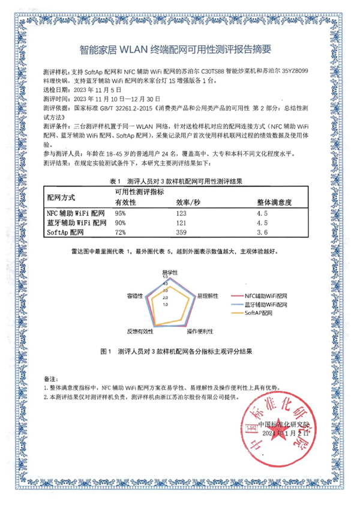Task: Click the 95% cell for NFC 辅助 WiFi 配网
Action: click(121, 213)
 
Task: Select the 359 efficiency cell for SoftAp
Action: click(182, 231)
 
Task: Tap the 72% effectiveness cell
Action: click(121, 231)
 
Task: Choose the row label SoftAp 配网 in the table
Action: click(66, 231)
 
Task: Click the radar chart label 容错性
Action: click(134, 296)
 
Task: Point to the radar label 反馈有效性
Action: click(140, 331)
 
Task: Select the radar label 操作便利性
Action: click(201, 331)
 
